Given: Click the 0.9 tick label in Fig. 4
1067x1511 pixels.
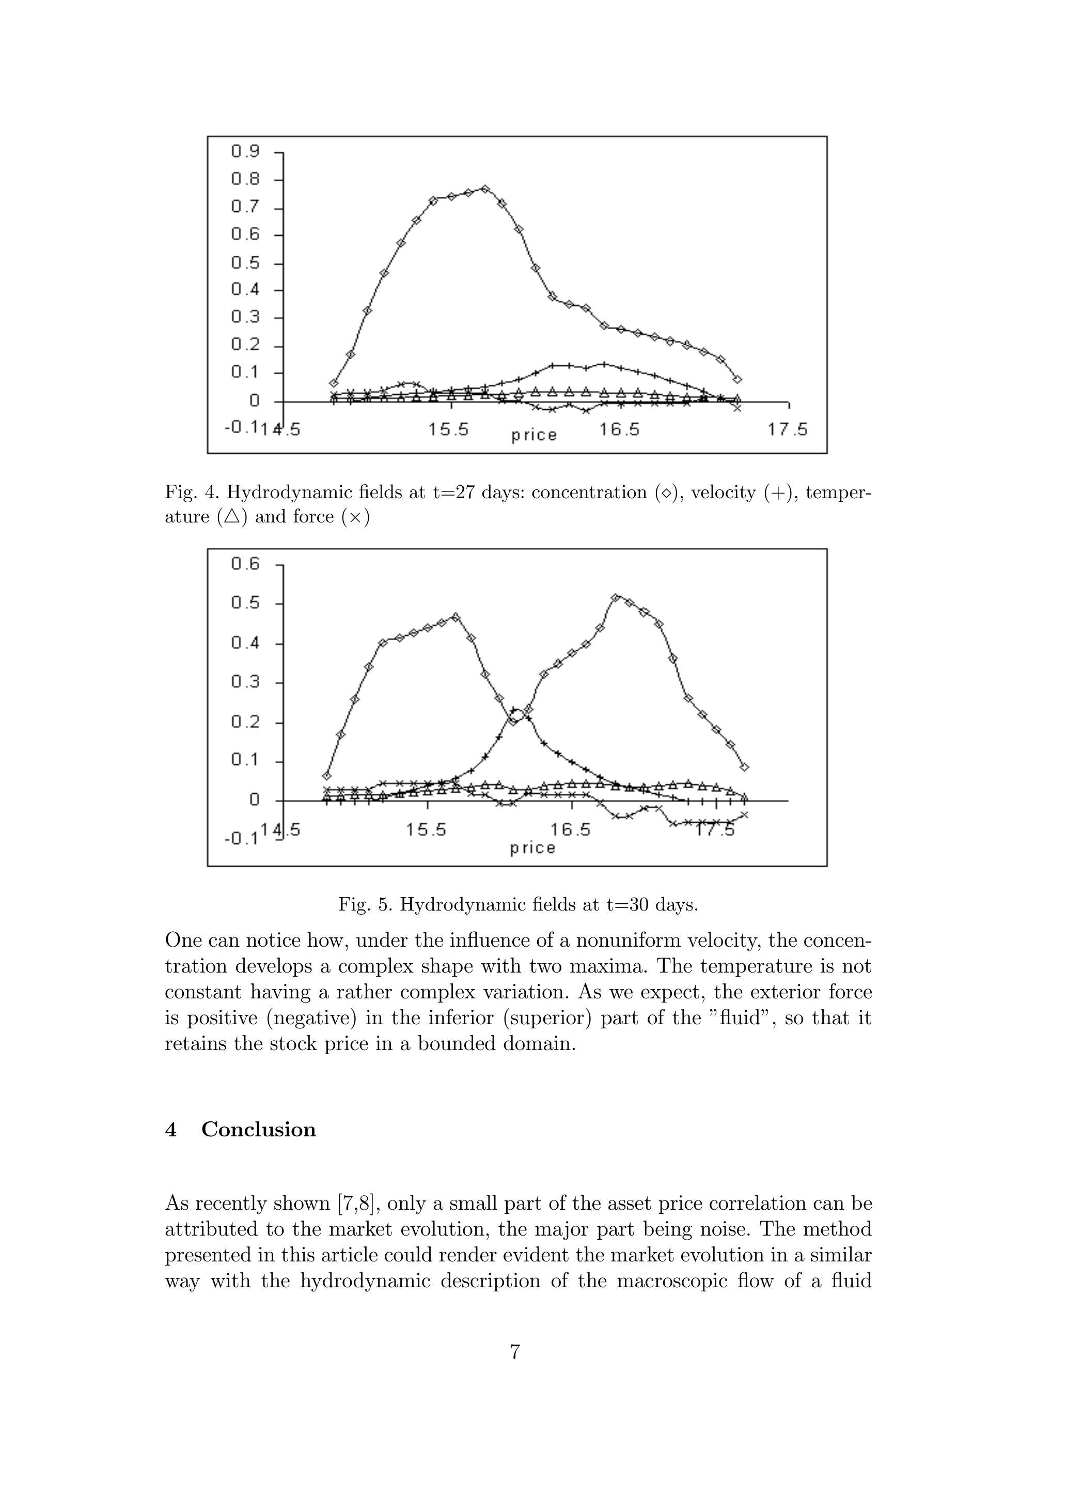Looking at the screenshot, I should coord(245,151).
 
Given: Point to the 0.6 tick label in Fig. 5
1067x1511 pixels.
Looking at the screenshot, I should coord(245,563).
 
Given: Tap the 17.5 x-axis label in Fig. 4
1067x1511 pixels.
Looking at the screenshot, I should coord(788,430).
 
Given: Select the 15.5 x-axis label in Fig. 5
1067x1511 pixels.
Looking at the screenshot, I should coord(426,829).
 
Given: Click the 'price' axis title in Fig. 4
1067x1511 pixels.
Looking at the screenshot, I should coord(534,435).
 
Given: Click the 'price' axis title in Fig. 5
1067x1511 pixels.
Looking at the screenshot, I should coord(533,849).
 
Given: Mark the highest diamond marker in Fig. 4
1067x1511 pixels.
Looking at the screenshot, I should coord(485,189).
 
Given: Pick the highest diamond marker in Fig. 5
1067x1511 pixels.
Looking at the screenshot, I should coord(615,597).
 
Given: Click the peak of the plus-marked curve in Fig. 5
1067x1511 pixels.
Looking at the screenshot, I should coord(516,711).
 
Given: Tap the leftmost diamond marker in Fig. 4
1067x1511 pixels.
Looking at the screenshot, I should coord(334,383).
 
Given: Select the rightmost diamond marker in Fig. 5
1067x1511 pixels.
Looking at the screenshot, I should coord(745,767).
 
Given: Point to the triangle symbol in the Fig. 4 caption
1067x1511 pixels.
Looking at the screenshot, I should coord(231,517).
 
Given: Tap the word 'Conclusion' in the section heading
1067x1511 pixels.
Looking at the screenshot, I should coord(259,1129).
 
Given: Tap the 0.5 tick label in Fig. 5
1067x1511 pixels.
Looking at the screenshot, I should coord(245,603).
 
